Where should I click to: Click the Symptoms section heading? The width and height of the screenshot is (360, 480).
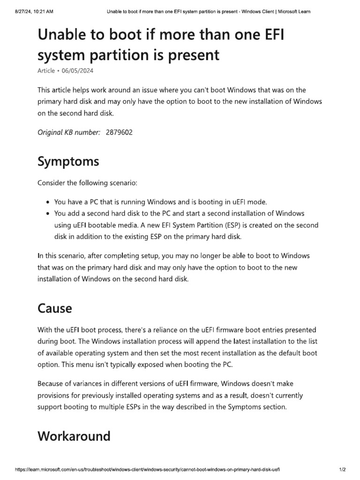[x=68, y=162]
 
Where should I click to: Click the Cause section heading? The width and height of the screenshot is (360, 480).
[x=55, y=308]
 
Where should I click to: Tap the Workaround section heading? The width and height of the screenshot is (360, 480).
[x=74, y=436]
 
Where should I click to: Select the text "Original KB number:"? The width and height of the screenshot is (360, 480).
[x=68, y=132]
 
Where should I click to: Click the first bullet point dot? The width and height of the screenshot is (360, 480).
[x=49, y=202]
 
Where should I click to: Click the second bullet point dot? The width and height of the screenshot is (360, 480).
[x=49, y=214]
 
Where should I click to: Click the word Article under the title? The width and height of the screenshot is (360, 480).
[x=46, y=70]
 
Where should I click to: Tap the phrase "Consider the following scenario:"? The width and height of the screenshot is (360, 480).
[x=88, y=182]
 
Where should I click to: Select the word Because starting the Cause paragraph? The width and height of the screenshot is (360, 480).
[x=52, y=384]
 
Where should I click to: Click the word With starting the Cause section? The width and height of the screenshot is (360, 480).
[x=45, y=330]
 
